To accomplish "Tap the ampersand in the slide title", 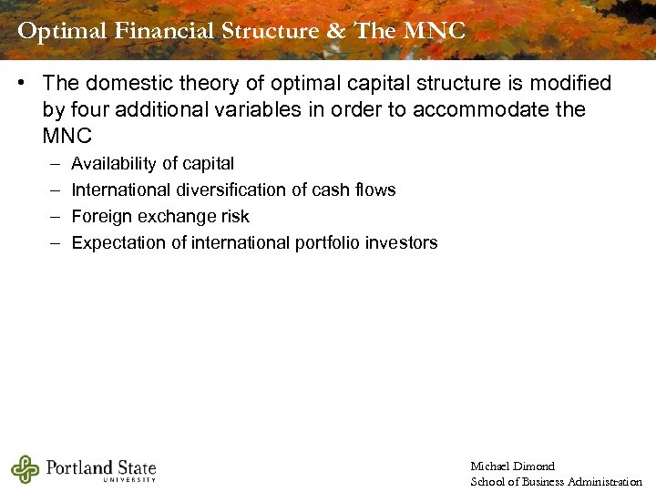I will (335, 31).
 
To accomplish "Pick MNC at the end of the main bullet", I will (67, 137).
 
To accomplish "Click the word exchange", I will (175, 217).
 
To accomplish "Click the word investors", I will (405, 243).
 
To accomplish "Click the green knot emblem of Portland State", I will (26, 469).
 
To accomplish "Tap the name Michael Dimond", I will (512, 466).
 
